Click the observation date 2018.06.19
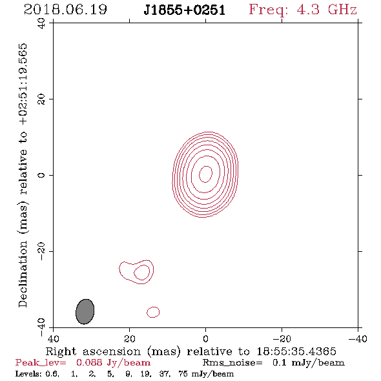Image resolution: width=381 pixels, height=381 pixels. pos(65,10)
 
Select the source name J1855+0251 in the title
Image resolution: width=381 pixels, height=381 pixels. pos(185,10)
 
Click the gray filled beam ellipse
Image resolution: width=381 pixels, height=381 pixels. pos(85,311)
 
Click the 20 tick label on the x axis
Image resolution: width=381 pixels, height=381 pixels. pos(130,339)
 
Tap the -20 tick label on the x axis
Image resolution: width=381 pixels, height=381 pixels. pos(282,339)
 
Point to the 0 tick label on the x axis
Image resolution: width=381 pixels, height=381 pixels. pos(205,339)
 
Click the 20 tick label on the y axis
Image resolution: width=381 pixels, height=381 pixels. pos(41,99)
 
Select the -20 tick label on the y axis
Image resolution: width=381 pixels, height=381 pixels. pos(41,251)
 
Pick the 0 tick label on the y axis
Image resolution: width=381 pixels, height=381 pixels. pos(41,175)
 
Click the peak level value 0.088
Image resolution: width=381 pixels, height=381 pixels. pos(89,362)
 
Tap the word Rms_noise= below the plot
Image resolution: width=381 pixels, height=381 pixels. pos(232,363)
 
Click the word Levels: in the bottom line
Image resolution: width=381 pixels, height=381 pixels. pos(28,374)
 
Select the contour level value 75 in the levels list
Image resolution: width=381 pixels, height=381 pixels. pos(183,374)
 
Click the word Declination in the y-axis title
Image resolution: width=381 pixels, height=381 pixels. pos(23,274)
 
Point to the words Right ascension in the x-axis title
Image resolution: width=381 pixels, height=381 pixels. pos(93,351)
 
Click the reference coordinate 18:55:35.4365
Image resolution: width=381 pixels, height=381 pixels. pos(296,351)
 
